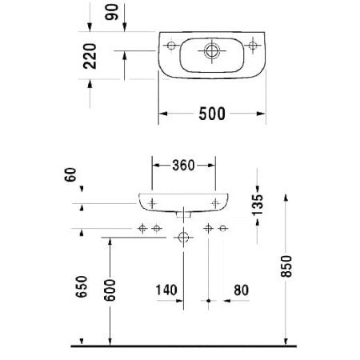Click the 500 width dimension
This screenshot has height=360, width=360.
click(211, 114)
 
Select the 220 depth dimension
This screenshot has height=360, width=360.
click(90, 56)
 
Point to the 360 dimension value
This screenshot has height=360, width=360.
click(183, 166)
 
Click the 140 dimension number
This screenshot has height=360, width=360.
click(166, 289)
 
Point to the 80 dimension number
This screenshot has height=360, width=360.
click(242, 289)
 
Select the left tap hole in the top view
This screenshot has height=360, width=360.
click(170, 45)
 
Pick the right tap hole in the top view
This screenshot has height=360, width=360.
click(254, 45)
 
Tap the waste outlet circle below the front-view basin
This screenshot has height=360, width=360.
click(184, 237)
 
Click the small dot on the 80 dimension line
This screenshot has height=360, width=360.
click(209, 302)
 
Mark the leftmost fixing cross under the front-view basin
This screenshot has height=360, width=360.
click(142, 229)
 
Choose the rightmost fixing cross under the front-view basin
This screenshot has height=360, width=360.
click(223, 229)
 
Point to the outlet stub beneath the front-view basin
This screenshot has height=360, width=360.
click(184, 214)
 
